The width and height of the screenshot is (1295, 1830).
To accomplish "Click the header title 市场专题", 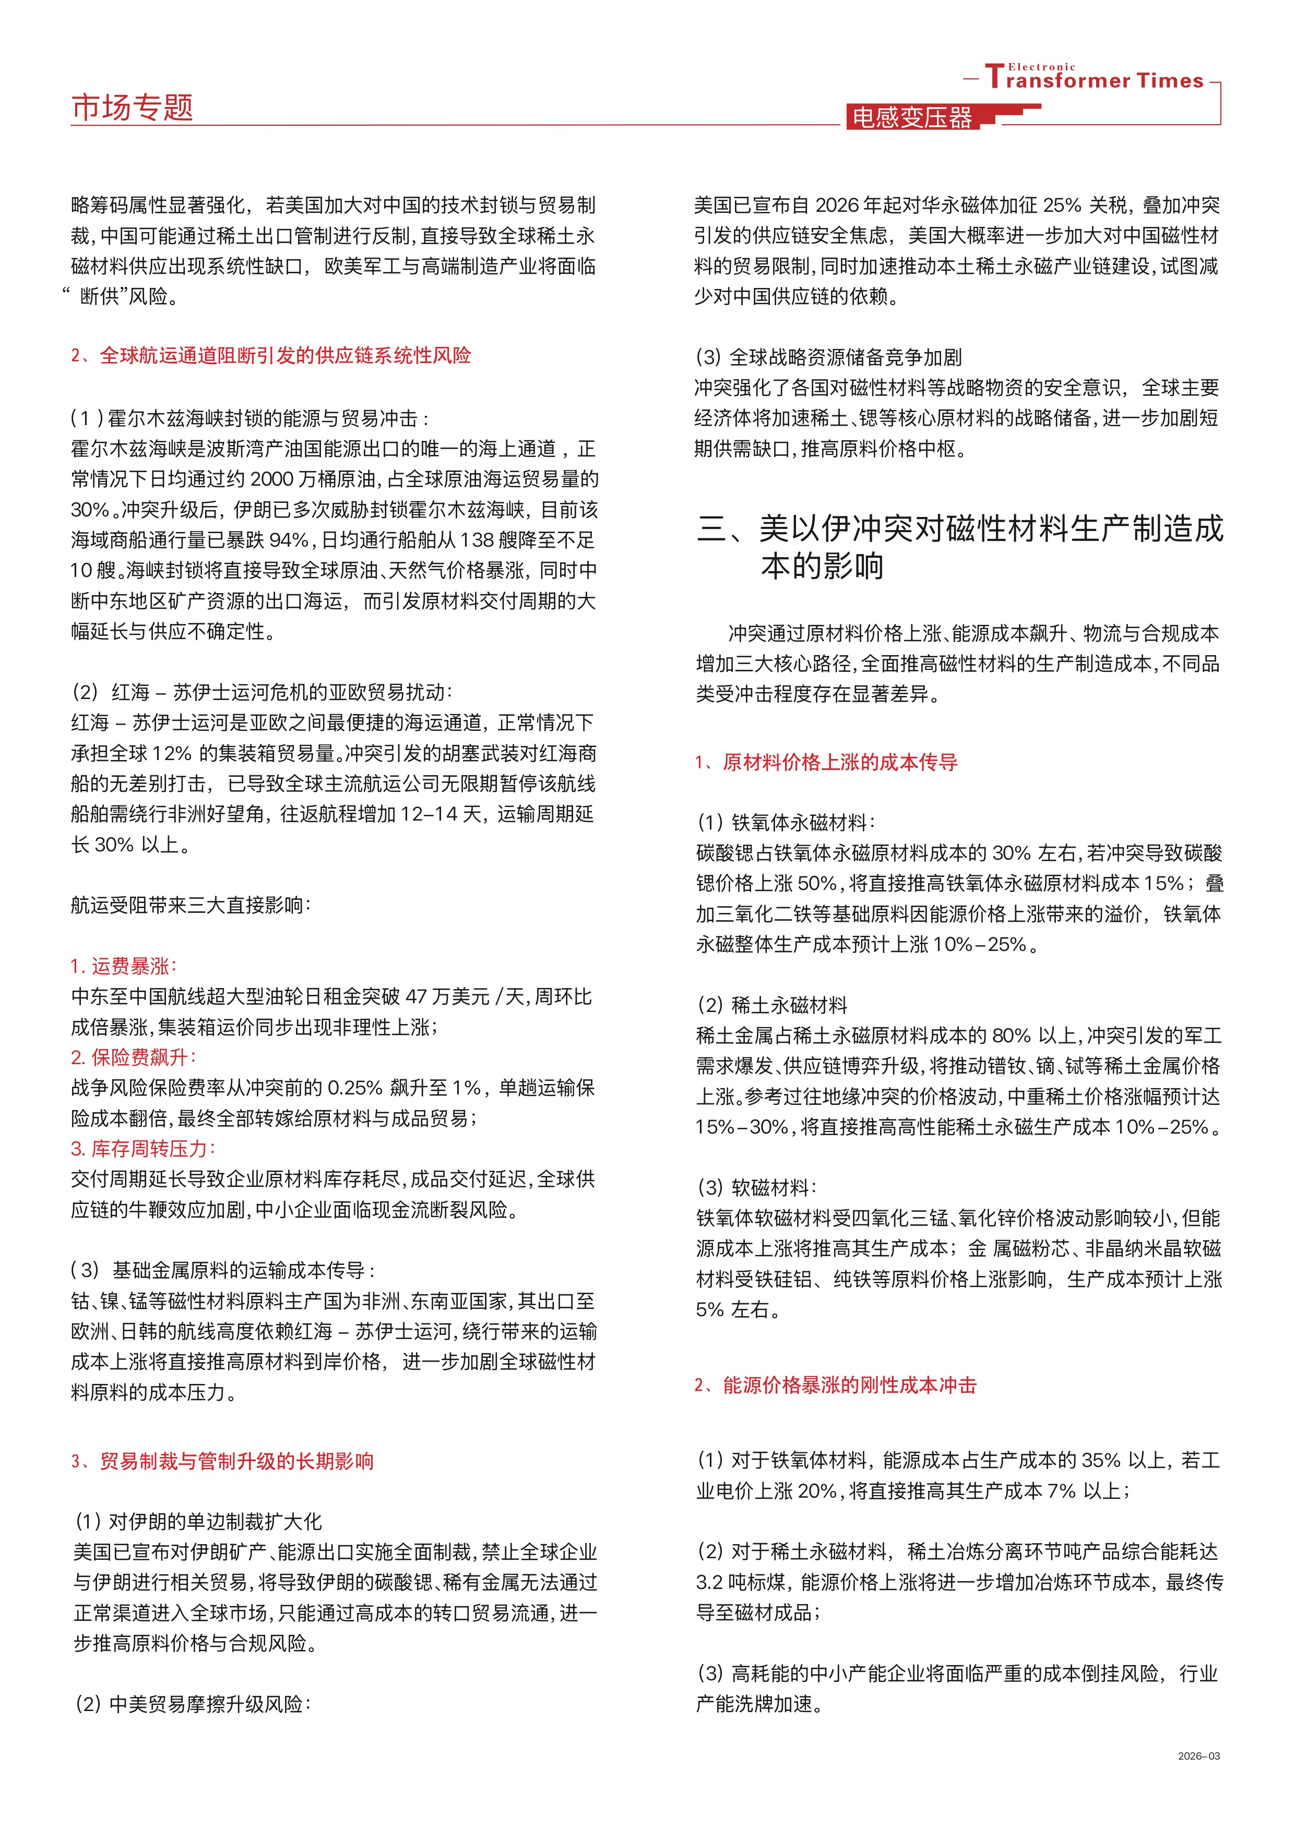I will [133, 107].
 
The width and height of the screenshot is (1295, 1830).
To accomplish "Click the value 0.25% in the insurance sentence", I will [357, 1088].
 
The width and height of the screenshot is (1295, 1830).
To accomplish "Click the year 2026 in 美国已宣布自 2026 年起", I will [837, 206].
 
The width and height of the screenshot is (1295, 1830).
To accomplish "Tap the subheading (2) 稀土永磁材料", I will [772, 1005].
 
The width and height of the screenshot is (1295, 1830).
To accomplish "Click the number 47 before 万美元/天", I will [416, 997].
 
